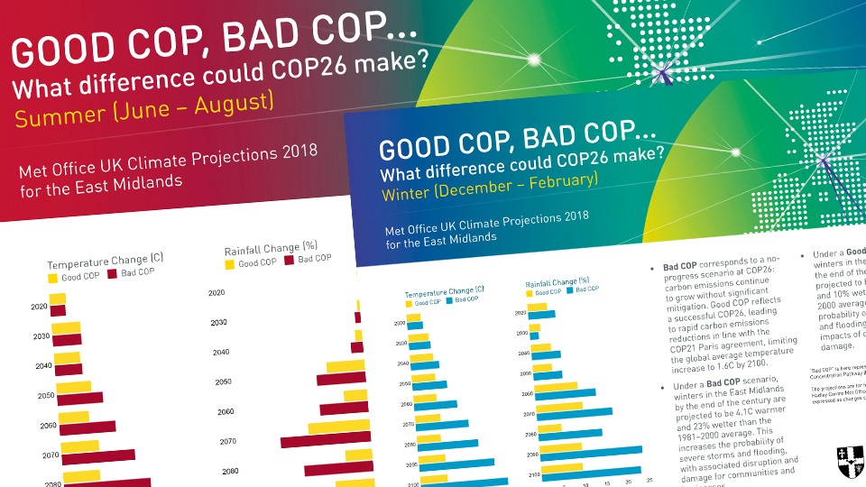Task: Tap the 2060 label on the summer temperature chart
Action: tap(49, 425)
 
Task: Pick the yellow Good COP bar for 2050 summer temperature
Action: tap(74, 386)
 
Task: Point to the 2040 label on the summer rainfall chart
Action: tap(221, 352)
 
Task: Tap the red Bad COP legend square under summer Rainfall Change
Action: tap(290, 261)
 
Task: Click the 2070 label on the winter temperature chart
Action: tap(409, 424)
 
